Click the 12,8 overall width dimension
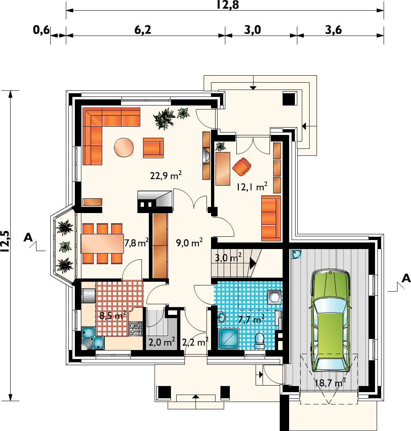[228, 5]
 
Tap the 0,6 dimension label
[41, 30]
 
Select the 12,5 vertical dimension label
[5, 241]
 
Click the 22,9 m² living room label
[166, 175]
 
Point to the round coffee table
[124, 147]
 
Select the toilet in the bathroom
[259, 341]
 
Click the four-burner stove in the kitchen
[136, 328]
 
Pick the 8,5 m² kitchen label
[113, 315]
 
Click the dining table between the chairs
[102, 243]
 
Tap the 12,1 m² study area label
[252, 187]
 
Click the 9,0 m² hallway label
[189, 243]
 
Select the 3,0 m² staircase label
[228, 258]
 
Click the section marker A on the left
[28, 237]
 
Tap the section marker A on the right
[406, 278]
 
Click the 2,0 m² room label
[162, 342]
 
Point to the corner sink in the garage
[296, 254]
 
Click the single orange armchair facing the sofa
[153, 148]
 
